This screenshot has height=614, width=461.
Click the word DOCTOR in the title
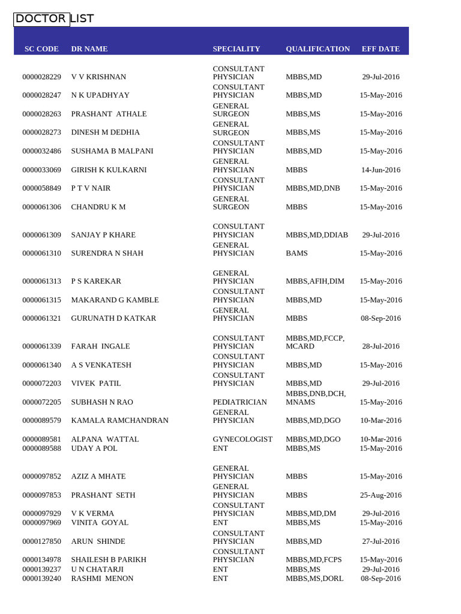41,19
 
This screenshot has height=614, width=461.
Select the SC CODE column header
41,49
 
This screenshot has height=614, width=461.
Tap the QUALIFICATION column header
318,49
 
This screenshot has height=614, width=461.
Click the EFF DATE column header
381,49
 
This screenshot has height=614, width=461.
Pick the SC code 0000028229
41,77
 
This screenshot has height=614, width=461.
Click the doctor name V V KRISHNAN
98,77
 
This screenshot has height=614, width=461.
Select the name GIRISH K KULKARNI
109,170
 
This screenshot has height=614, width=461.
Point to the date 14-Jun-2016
381,170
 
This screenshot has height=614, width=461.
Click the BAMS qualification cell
297,254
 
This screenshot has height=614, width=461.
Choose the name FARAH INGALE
100,347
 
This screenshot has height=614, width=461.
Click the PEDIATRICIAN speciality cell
240,402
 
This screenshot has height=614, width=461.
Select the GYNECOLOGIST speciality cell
243,440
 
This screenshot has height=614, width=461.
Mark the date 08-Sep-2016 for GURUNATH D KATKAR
381,318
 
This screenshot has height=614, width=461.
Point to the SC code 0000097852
41,477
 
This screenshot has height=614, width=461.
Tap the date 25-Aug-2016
381,495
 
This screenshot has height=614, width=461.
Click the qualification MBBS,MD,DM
311,514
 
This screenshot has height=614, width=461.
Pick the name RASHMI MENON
102,579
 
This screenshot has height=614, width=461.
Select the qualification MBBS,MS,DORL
314,579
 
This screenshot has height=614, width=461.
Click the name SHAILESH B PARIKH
109,560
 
